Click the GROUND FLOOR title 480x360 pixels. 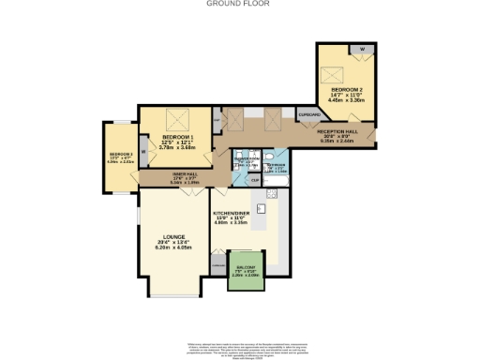click(239, 4)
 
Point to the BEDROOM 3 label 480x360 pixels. click(122, 155)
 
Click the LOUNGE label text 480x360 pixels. click(172, 236)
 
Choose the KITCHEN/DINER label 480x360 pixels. click(234, 215)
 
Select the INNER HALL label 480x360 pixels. click(185, 173)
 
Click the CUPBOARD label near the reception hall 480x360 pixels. click(309, 114)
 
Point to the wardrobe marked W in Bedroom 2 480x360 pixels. click(362, 48)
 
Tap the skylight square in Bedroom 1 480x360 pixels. click(173, 120)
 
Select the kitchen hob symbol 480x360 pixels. click(272, 193)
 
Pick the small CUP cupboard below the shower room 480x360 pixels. click(229, 179)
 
